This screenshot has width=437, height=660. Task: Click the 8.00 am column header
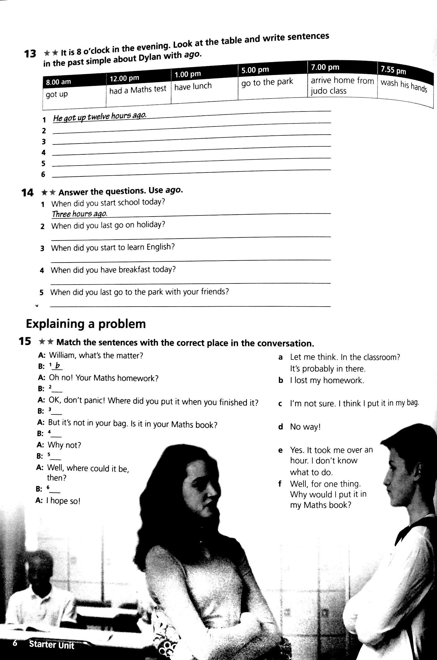tap(59, 82)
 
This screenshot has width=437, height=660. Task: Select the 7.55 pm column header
tap(393, 70)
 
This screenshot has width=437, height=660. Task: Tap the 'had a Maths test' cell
tap(138, 89)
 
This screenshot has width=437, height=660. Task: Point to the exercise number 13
tap(30, 54)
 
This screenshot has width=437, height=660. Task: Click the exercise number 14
tap(27, 193)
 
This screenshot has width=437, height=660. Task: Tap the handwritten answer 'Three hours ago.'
tap(79, 214)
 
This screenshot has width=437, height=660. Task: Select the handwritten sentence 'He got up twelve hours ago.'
tap(100, 117)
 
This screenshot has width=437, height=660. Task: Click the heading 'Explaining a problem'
tap(86, 324)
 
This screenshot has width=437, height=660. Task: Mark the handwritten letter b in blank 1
tap(58, 365)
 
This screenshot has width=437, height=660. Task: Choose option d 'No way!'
tap(305, 427)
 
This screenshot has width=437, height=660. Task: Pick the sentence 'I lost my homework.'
tap(327, 380)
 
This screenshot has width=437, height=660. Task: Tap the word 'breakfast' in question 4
tap(135, 270)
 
